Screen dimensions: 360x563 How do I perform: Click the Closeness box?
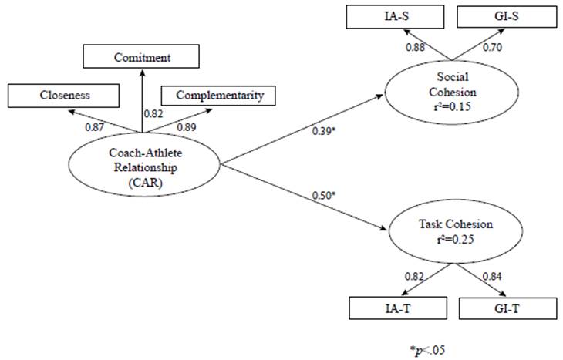pyautogui.click(x=64, y=96)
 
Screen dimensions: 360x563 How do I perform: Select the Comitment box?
pyautogui.click(x=142, y=57)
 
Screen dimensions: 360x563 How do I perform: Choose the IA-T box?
pyautogui.click(x=392, y=308)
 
